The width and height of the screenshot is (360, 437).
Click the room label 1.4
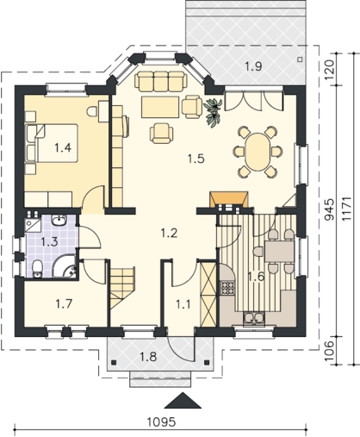[x=63, y=147]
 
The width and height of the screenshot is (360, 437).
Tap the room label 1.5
[x=196, y=159]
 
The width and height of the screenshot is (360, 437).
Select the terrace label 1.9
[x=253, y=66]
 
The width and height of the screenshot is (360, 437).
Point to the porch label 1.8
[x=148, y=357]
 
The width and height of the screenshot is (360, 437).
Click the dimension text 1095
[x=161, y=422]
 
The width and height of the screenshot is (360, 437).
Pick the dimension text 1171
[x=347, y=209]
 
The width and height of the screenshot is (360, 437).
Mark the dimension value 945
[x=329, y=209]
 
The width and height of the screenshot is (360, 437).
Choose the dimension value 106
[x=329, y=350]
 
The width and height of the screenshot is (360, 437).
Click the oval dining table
[x=258, y=152]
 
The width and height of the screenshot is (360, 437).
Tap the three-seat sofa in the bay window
[x=160, y=80]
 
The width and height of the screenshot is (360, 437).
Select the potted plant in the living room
[x=213, y=112]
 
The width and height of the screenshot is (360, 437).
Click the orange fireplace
[x=229, y=199]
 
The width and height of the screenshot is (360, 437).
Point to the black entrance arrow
[x=183, y=400]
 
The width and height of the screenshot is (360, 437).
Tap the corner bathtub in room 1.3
[x=65, y=266]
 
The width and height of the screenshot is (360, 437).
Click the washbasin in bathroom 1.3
[x=59, y=220]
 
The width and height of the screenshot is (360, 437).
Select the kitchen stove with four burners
[x=227, y=288]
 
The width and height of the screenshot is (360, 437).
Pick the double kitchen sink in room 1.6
[x=254, y=319]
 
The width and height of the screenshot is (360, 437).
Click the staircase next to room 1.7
[x=122, y=287]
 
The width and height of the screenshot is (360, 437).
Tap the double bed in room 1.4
[x=52, y=143]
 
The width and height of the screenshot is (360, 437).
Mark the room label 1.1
[x=183, y=304]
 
